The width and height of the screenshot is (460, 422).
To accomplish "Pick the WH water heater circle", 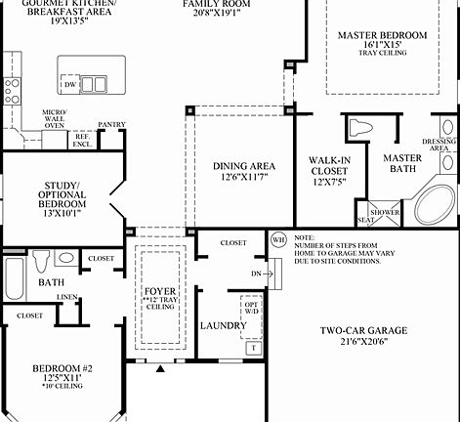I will click(277, 238).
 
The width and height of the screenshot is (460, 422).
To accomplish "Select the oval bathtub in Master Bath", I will click(433, 205).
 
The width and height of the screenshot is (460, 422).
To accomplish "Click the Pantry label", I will click(112, 125).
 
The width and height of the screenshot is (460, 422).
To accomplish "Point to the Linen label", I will click(68, 296).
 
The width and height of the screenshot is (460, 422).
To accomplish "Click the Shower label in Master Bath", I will click(385, 211).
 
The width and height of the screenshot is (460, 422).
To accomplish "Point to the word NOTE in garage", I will click(304, 235).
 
